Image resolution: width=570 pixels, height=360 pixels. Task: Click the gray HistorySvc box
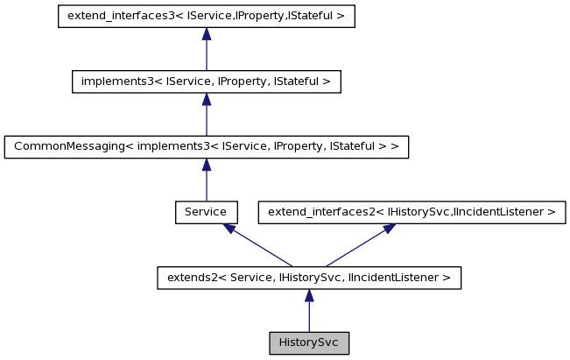pos(309,342)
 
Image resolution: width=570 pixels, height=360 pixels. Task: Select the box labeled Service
pos(206,212)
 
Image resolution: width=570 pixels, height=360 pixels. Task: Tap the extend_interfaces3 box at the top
pos(206,16)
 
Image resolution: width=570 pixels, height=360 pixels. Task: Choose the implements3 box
pos(206,81)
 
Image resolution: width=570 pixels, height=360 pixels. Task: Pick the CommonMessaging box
pos(206,146)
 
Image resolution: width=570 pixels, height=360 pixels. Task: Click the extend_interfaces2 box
pos(412,212)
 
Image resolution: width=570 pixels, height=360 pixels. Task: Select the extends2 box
pos(309,278)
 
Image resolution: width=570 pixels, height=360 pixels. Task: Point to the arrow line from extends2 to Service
pos(261,247)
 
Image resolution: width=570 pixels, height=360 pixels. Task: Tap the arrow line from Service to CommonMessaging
pos(206,184)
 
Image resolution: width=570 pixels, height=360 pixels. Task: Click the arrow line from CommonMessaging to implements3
pos(206,118)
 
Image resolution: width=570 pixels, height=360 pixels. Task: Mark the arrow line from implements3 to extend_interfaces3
pos(206,53)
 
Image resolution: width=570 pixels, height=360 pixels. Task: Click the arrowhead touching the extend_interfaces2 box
pos(387,229)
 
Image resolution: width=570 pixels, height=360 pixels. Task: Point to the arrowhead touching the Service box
pos(229,229)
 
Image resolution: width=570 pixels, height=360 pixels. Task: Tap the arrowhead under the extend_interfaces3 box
pos(206,34)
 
